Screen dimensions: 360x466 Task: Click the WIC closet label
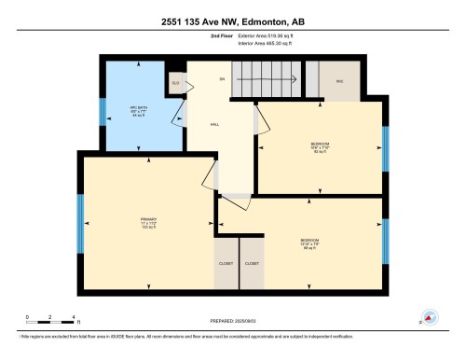pos(340,80)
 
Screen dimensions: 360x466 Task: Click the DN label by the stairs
pos(223,80)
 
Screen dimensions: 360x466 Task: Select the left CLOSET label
pos(226,264)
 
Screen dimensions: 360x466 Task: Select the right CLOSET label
pos(252,264)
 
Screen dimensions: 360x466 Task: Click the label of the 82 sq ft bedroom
pos(320,145)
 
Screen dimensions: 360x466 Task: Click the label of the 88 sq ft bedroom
pos(309,244)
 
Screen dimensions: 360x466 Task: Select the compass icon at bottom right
pos(430,317)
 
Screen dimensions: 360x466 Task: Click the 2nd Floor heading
pos(221,35)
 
